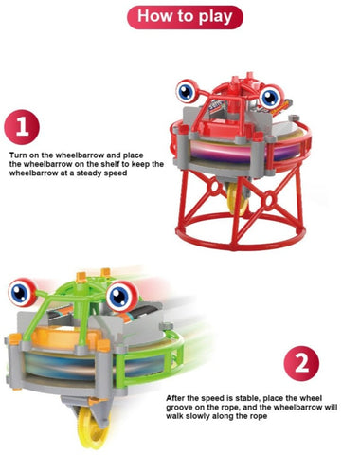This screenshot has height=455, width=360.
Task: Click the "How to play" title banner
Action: click(x=185, y=17)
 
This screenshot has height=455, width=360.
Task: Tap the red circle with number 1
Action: click(x=22, y=127)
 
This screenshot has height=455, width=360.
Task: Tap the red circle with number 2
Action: click(x=301, y=363)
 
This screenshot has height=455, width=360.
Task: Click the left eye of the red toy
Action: click(x=186, y=92)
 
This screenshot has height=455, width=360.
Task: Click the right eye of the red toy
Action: click(x=270, y=98)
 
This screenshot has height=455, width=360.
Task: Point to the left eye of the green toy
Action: click(x=22, y=292)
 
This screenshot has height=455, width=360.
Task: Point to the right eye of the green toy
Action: click(x=121, y=296)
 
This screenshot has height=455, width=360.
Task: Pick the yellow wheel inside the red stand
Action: click(x=239, y=200)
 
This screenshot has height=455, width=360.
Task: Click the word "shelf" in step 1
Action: click(x=110, y=164)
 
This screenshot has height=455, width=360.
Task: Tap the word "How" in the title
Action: click(x=152, y=16)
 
